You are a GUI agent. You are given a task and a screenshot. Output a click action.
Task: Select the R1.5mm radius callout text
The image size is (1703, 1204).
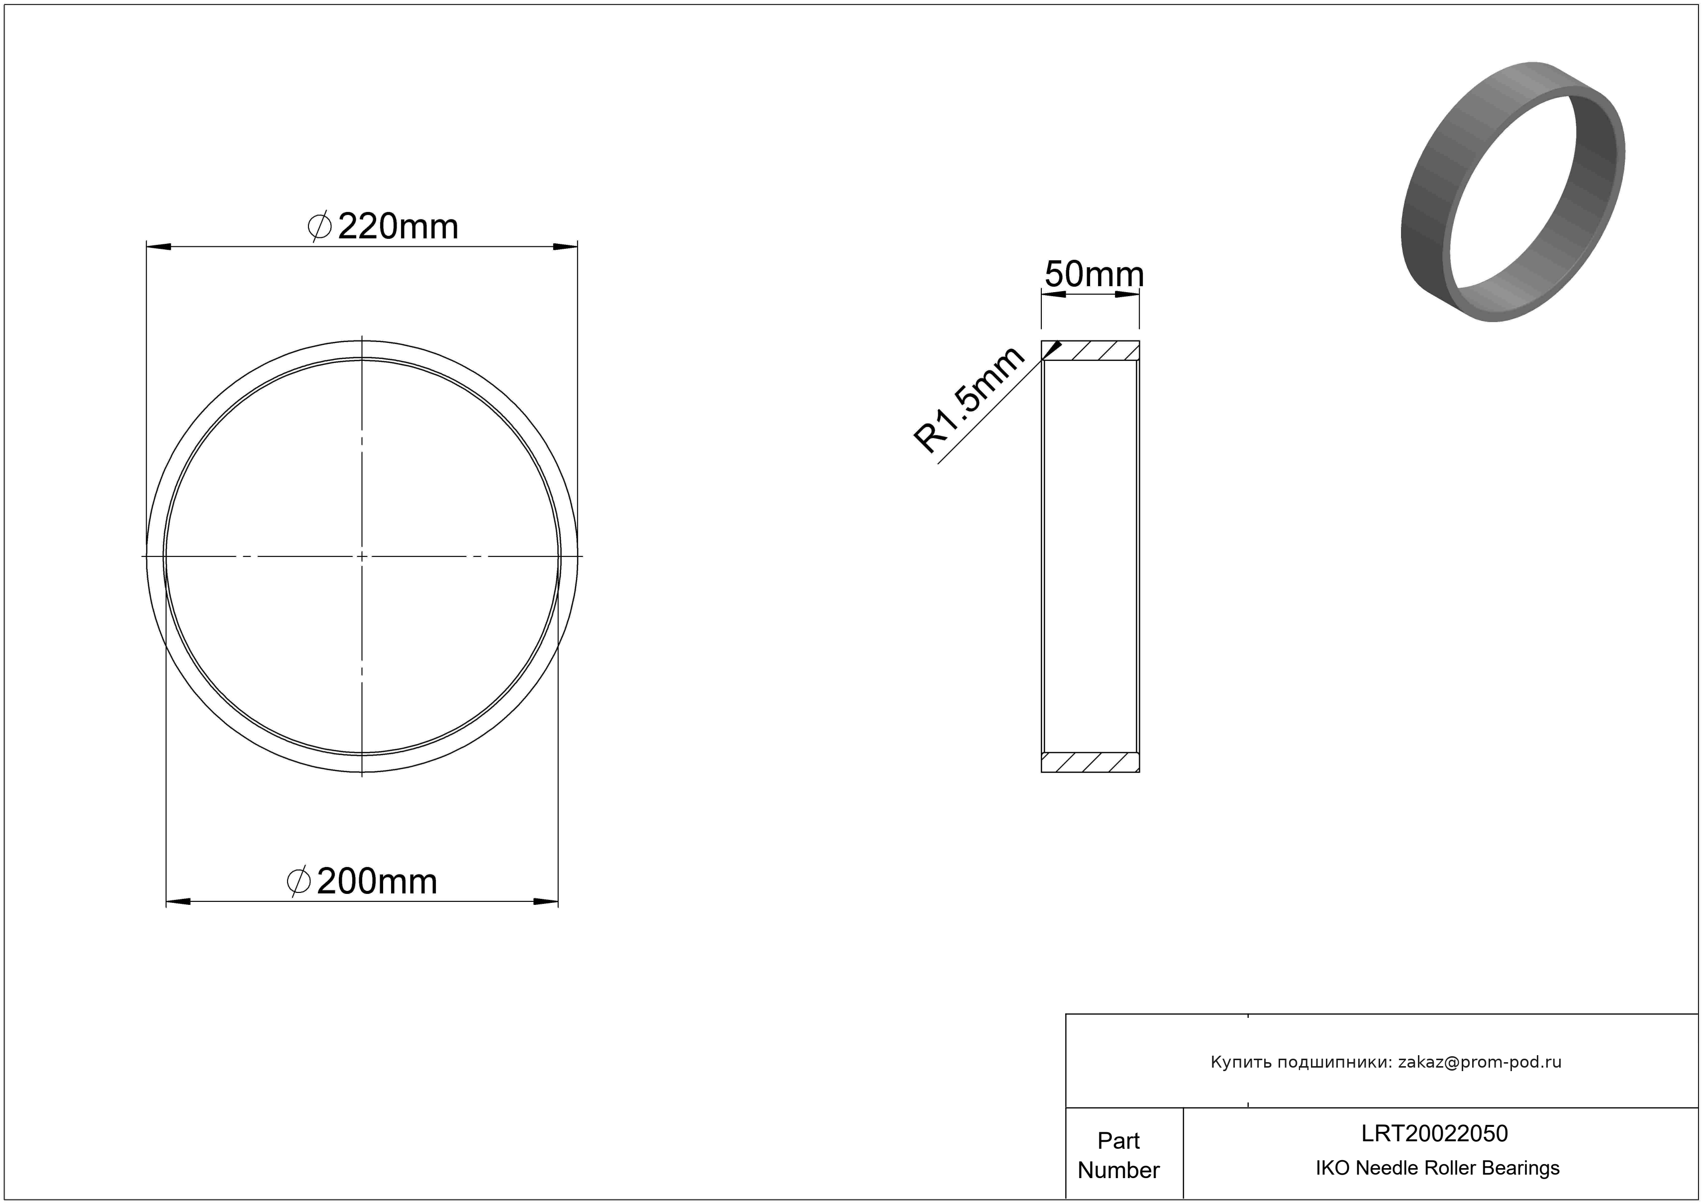pyautogui.click(x=970, y=400)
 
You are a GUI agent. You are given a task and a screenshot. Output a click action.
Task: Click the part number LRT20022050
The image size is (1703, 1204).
pyautogui.click(x=1434, y=1133)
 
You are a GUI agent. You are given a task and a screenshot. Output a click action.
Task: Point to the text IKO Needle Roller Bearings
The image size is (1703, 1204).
pyautogui.click(x=1437, y=1168)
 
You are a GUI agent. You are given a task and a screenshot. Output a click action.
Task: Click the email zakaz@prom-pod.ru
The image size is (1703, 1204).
pyautogui.click(x=1480, y=1062)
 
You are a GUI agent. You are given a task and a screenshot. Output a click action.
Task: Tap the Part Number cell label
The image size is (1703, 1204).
pyautogui.click(x=1118, y=1155)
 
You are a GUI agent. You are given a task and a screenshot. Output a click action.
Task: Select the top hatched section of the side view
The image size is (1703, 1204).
pyautogui.click(x=1091, y=351)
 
